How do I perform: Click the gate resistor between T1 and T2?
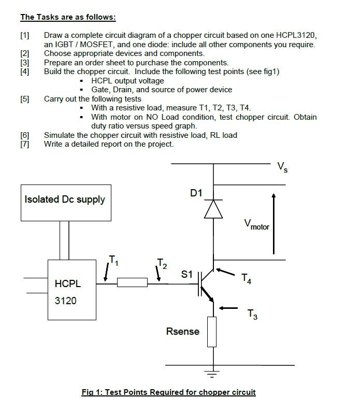pyautogui.click(x=133, y=282)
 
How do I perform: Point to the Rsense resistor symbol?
pyautogui.click(x=212, y=332)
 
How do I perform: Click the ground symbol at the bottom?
pyautogui.click(x=212, y=371)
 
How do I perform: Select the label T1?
pyautogui.click(x=113, y=260)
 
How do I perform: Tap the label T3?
pyautogui.click(x=252, y=314)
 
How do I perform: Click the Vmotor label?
pyautogui.click(x=257, y=225)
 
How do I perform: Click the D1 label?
pyautogui.click(x=196, y=193)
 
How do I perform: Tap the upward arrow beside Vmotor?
pyautogui.click(x=274, y=223)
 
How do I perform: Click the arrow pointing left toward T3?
pyautogui.click(x=228, y=308)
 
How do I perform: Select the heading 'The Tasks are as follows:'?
pyautogui.click(x=68, y=17)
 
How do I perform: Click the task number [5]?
pyautogui.click(x=25, y=98)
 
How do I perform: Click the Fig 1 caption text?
pyautogui.click(x=168, y=392)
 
